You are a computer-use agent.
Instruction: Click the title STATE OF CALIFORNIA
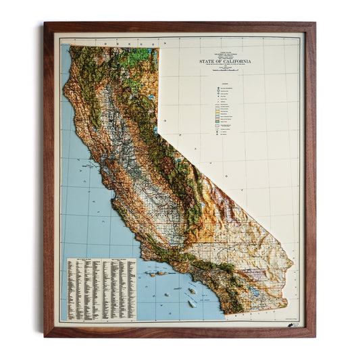226,61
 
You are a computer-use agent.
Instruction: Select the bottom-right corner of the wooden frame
314,336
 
